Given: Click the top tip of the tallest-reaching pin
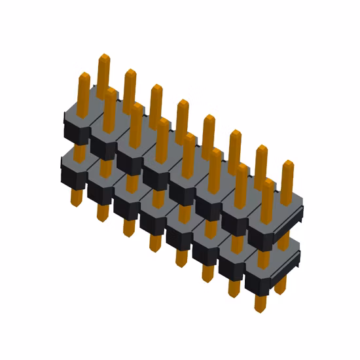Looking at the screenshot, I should click(103, 58).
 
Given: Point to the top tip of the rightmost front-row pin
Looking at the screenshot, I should click(268, 181).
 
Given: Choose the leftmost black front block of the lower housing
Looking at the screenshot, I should click(71, 175).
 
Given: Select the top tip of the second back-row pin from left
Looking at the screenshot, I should click(130, 71).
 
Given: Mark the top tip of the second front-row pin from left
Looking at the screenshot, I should click(110, 90).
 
